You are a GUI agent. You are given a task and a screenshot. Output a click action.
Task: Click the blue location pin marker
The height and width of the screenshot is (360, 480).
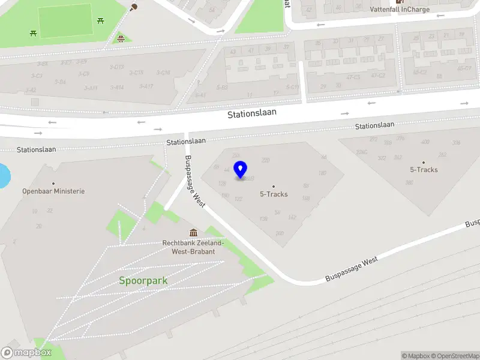[241, 170]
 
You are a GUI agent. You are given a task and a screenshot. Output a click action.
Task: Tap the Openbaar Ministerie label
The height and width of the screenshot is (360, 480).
[53, 191]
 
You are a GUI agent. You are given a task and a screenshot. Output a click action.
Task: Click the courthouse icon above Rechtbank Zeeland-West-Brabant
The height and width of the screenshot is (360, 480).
[193, 233]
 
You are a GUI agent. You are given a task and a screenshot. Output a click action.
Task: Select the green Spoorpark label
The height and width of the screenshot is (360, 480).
[143, 280]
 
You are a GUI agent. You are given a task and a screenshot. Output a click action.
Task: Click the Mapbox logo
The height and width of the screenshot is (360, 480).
[26, 353]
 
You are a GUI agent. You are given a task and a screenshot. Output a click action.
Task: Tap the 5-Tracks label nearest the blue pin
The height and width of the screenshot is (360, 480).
[274, 194]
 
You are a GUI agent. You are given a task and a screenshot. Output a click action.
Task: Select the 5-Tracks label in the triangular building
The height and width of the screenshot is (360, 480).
[424, 169]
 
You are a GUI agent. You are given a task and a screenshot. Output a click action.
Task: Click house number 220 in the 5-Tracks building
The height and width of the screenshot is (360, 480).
[266, 160]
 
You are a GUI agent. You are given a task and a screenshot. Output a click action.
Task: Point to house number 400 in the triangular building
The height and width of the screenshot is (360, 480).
[425, 142]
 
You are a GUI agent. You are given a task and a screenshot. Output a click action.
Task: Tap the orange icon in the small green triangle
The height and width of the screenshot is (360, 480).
[121, 39]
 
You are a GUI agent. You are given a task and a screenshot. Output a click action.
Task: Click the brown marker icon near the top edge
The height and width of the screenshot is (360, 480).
[134, 7]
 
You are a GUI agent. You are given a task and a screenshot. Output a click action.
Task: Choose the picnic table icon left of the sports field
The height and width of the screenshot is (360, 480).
[33, 33]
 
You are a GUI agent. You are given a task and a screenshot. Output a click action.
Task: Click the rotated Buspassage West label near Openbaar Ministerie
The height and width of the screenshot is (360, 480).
[195, 181]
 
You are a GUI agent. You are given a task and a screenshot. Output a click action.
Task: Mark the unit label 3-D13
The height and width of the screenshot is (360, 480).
[117, 67]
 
